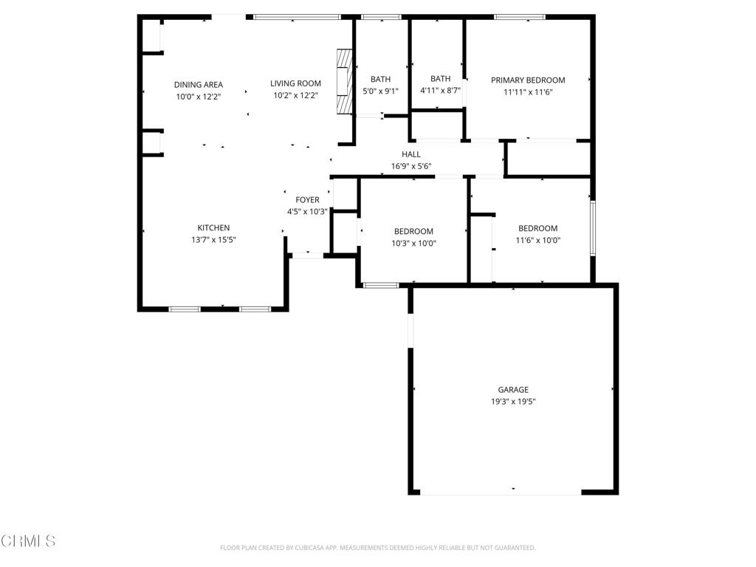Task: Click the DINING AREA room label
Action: (x=198, y=85)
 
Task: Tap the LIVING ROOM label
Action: (x=295, y=83)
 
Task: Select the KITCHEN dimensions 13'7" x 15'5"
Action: (x=213, y=240)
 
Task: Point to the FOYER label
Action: (x=307, y=199)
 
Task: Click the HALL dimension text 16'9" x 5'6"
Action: (x=410, y=166)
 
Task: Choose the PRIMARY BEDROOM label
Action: (x=528, y=80)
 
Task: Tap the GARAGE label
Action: (x=513, y=390)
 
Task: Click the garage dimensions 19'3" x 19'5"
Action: (x=513, y=402)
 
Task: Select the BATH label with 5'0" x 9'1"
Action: (x=380, y=79)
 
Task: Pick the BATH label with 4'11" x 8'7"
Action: (x=440, y=78)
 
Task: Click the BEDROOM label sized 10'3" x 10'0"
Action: (x=413, y=231)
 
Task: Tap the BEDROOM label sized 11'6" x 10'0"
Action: (x=537, y=229)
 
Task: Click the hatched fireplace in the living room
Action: (x=344, y=81)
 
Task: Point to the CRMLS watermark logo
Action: (x=28, y=541)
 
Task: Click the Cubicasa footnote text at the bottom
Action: (x=377, y=548)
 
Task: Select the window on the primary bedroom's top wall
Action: (x=520, y=18)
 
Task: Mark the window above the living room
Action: (x=298, y=18)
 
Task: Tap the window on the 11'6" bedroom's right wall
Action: (x=593, y=228)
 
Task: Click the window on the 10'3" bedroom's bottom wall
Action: (x=381, y=286)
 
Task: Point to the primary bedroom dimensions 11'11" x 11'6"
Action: (x=528, y=92)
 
